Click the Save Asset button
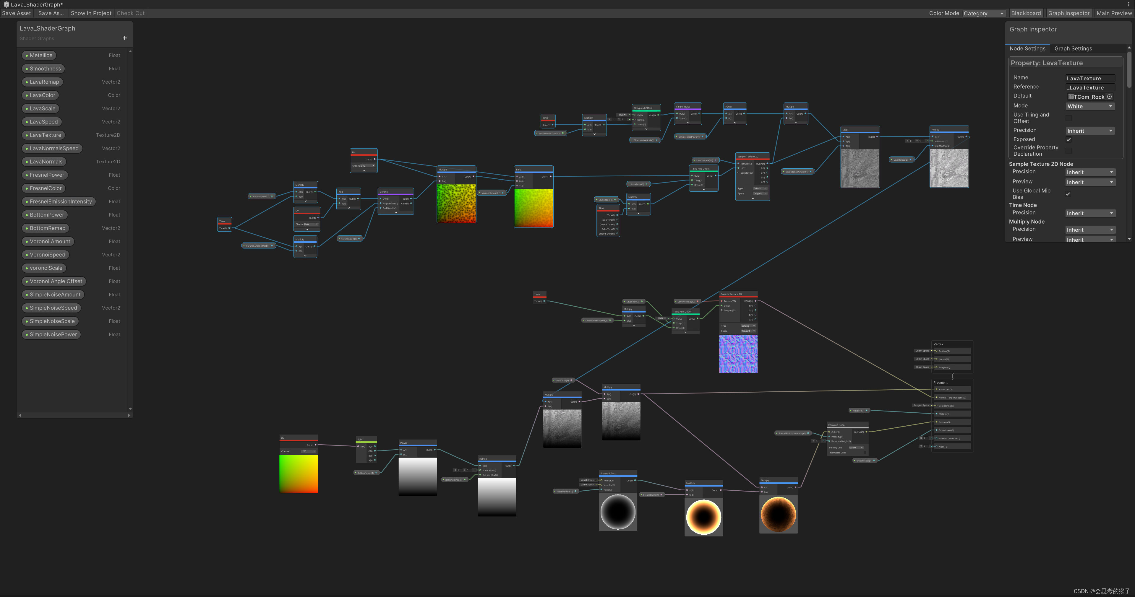click(16, 13)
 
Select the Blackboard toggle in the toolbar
click(1026, 13)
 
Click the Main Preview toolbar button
click(1114, 13)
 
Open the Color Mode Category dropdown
click(983, 14)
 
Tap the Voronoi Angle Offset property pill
click(56, 281)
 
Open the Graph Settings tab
click(1073, 48)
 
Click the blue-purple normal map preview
click(738, 354)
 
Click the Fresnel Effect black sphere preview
click(618, 512)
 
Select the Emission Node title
click(836, 425)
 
